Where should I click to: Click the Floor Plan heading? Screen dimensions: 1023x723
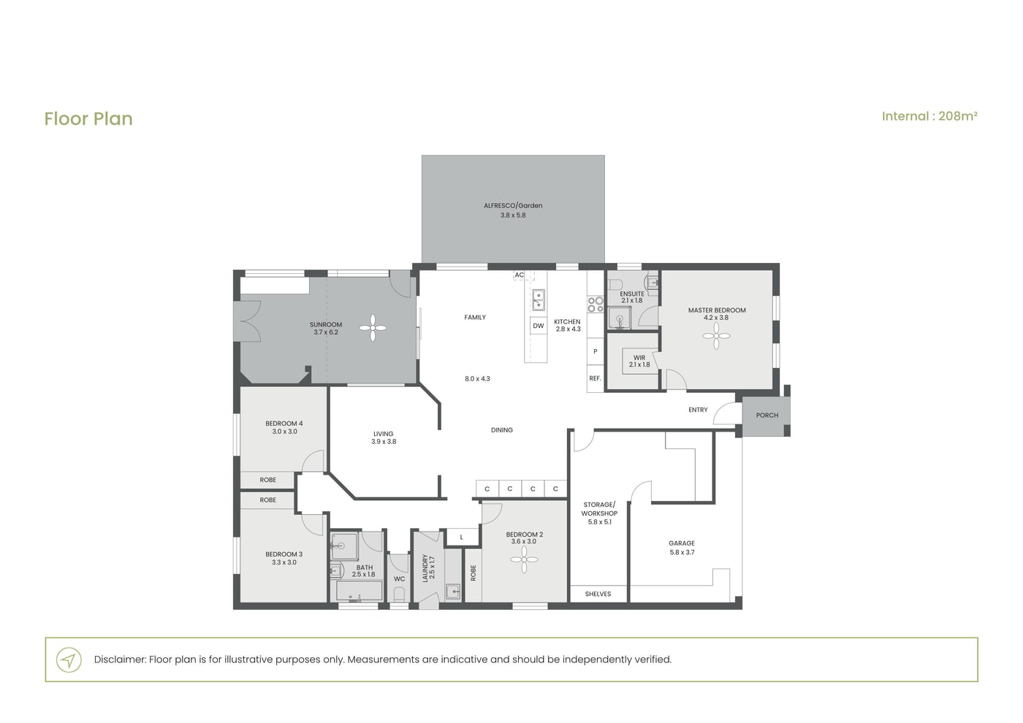click(x=88, y=118)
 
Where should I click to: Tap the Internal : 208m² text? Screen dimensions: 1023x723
click(x=929, y=116)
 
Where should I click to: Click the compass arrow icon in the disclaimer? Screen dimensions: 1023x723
click(x=69, y=659)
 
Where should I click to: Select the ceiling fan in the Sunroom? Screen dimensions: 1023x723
click(x=373, y=328)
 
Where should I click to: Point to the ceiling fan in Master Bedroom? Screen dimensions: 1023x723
click(x=716, y=336)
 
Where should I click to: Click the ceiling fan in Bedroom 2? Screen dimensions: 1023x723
click(x=524, y=559)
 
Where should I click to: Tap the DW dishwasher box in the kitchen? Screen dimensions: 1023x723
click(x=539, y=326)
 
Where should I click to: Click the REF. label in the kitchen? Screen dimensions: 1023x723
click(x=595, y=378)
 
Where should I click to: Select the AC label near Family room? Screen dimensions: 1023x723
click(x=520, y=275)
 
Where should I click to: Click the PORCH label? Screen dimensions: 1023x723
click(x=767, y=416)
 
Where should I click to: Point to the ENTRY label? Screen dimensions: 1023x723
click(x=698, y=410)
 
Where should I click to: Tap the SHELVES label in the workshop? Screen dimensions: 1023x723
click(x=598, y=594)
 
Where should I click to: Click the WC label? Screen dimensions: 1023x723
click(x=399, y=578)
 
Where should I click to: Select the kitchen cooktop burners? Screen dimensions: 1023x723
click(x=596, y=305)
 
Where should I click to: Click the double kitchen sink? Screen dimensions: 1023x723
click(x=539, y=300)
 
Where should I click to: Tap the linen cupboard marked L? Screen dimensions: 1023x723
click(x=462, y=537)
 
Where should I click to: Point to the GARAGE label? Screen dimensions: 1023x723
click(x=681, y=543)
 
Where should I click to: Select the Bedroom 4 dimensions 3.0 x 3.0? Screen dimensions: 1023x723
click(x=284, y=432)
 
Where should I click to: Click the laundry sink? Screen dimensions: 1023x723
click(x=454, y=592)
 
